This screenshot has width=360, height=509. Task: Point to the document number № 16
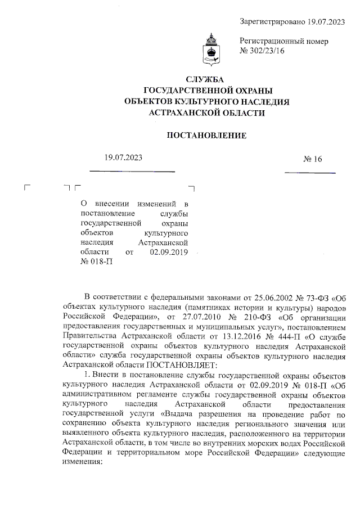tap(313, 159)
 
